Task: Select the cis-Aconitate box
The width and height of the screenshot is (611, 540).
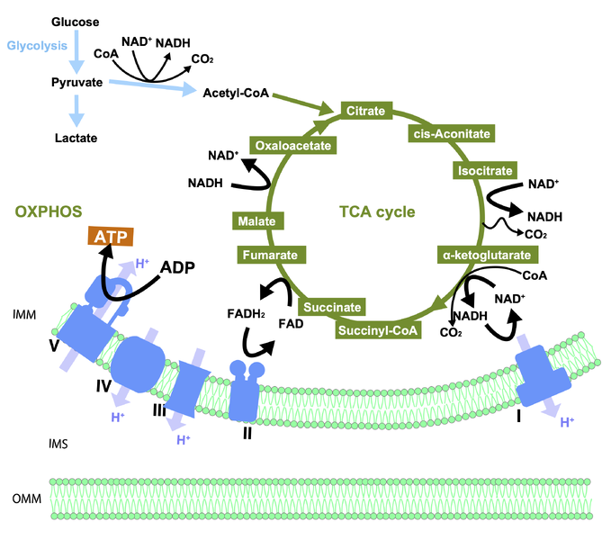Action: (x=450, y=134)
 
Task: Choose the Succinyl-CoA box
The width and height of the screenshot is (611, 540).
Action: (x=380, y=329)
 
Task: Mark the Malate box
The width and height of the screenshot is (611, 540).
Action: (x=256, y=220)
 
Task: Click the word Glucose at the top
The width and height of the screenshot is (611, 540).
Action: (x=76, y=21)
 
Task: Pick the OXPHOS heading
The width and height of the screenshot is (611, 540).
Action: (x=49, y=212)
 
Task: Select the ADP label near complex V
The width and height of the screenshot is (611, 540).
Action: (x=179, y=267)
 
